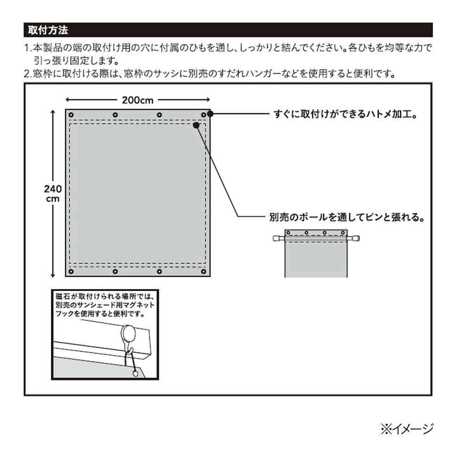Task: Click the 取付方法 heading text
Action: tap(48, 30)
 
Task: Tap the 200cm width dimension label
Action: tap(138, 100)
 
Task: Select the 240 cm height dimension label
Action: tap(53, 193)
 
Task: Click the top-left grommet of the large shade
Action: tap(71, 115)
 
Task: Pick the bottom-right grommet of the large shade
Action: tap(203, 272)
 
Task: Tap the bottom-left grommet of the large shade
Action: tap(71, 272)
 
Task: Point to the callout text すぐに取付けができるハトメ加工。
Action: tap(346, 114)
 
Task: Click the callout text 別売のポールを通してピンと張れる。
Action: tap(347, 217)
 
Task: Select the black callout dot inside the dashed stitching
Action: tap(196, 125)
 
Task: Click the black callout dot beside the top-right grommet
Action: tap(210, 113)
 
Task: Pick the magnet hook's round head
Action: tap(128, 333)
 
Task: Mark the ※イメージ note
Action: tap(407, 429)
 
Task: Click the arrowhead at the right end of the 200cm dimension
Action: tap(208, 100)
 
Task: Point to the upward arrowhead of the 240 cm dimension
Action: tap(53, 112)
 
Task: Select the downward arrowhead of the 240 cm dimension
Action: tap(53, 275)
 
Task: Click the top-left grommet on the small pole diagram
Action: tap(288, 233)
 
